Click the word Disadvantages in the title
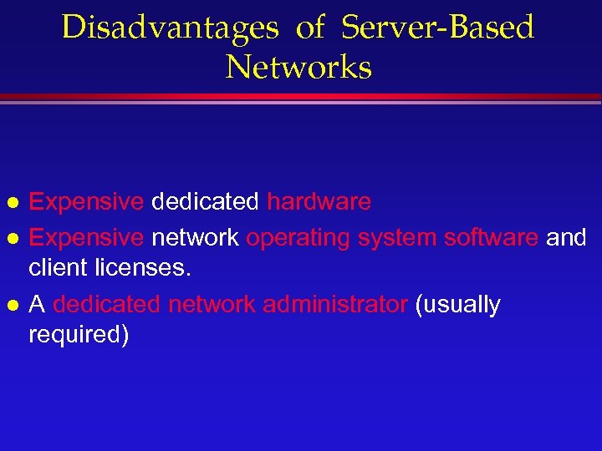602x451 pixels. (170, 28)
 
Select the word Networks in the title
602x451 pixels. (298, 67)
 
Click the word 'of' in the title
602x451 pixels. (309, 28)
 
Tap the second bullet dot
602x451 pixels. (13, 239)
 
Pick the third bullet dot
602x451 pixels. (13, 306)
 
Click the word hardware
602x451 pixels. (319, 202)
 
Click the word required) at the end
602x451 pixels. (79, 336)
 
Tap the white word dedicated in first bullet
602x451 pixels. (205, 202)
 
